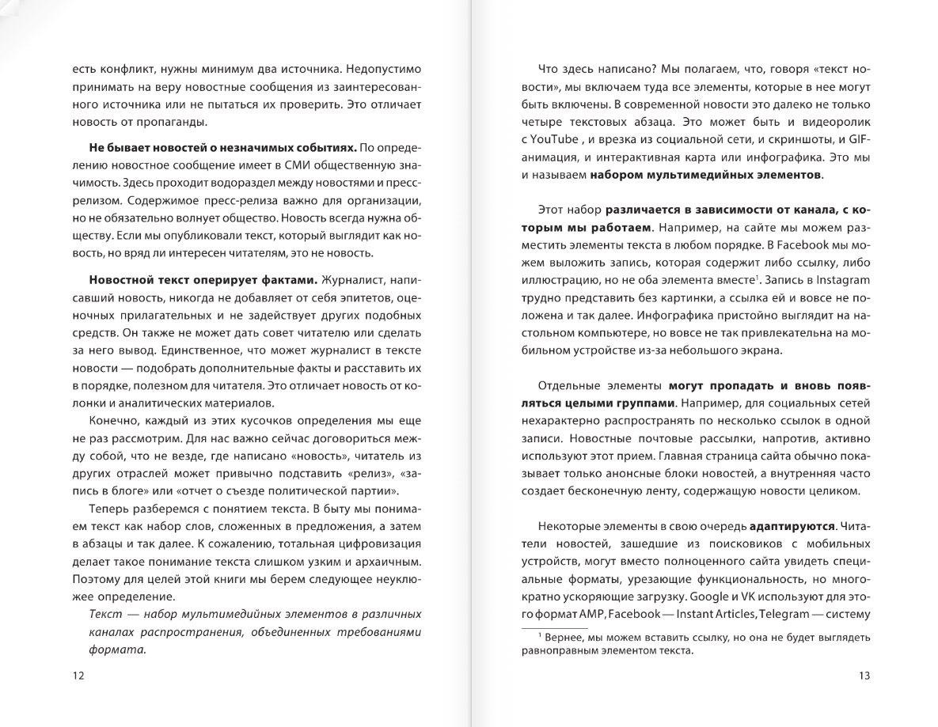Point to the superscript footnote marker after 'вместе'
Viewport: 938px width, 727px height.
758,277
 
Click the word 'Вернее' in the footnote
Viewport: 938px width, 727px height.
564,637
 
